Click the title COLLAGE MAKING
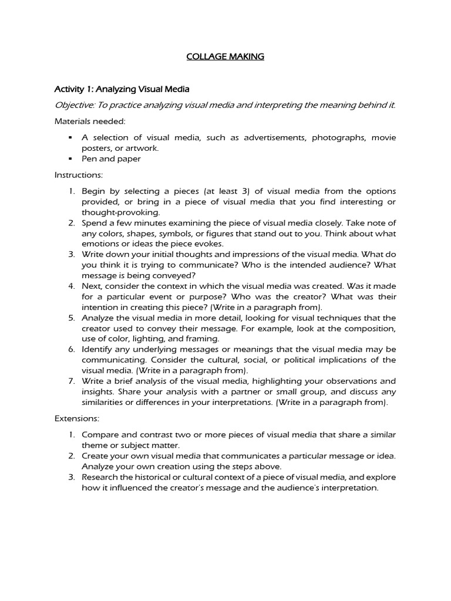[x=225, y=56]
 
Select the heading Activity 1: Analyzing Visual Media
[x=122, y=89]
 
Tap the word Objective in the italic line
[x=74, y=105]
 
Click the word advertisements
[x=272, y=137]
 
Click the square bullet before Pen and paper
[x=70, y=158]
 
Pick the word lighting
[x=153, y=339]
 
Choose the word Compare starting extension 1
[x=100, y=434]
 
